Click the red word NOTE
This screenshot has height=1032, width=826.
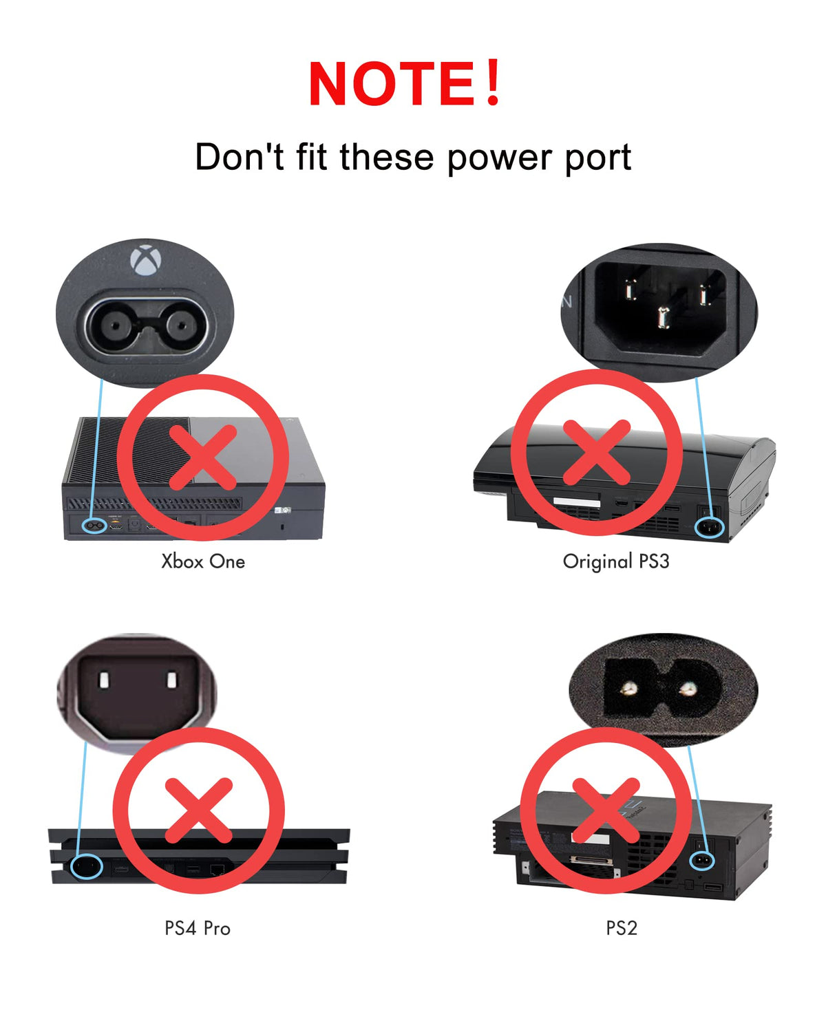[392, 83]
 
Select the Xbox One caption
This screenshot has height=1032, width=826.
[203, 561]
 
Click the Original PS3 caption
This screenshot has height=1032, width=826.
[616, 561]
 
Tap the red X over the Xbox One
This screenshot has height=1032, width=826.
[203, 458]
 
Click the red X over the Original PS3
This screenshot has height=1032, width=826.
[596, 452]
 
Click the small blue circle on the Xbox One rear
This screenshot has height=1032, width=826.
[94, 526]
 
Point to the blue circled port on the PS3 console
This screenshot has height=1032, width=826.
[710, 528]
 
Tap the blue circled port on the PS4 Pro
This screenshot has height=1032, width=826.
[87, 867]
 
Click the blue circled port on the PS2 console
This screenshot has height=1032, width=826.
[701, 861]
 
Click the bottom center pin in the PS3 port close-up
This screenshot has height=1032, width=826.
[664, 318]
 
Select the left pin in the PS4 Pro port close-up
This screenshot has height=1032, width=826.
[104, 680]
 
